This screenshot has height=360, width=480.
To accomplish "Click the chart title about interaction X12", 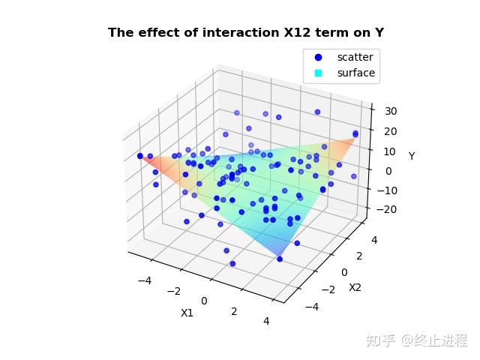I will coord(246,32).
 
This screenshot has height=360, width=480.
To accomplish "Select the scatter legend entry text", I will coord(355,57).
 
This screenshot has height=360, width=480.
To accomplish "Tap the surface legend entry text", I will coord(356,73).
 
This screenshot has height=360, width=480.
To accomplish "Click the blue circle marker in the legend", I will coord(318,57).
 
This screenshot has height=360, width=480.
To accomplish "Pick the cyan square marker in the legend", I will coord(318,73).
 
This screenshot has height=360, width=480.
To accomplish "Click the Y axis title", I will coord(412,156).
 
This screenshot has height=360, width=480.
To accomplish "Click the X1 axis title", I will coord(187,313).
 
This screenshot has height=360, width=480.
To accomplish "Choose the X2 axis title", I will coord(355,286).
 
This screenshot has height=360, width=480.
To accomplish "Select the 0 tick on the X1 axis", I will coord(204,301).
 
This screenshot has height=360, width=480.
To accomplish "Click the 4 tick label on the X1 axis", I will coord(266,322).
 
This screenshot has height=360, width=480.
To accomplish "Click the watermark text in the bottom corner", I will coord(416,340).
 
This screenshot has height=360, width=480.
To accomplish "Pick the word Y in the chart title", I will coord(379,32).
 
